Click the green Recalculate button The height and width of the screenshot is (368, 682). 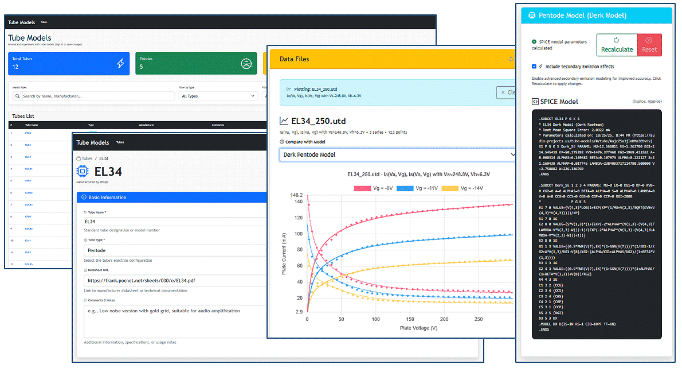pyautogui.click(x=617, y=45)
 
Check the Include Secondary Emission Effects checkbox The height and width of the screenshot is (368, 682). pyautogui.click(x=534, y=67)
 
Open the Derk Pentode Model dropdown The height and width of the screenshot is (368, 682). pyautogui.click(x=398, y=154)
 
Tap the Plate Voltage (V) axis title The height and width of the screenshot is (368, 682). pyautogui.click(x=410, y=328)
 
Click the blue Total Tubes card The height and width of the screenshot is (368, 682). pyautogui.click(x=69, y=63)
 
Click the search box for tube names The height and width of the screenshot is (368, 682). pyautogui.click(x=92, y=96)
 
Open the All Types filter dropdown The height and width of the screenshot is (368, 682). pyautogui.click(x=218, y=96)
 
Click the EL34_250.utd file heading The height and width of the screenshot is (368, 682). pyautogui.click(x=318, y=121)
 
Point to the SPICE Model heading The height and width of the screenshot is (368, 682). pyautogui.click(x=559, y=102)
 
